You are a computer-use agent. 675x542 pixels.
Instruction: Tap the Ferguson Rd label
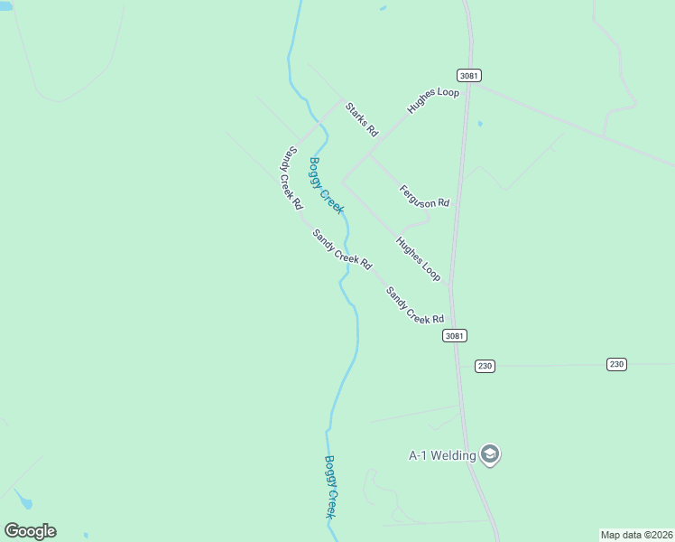tap(424, 196)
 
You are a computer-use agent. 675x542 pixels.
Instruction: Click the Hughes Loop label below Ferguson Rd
tap(418, 258)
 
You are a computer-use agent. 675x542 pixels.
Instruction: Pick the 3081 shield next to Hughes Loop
tap(467, 75)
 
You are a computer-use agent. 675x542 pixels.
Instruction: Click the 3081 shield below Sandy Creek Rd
tap(455, 335)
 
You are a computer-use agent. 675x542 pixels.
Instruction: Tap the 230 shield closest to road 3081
tap(485, 366)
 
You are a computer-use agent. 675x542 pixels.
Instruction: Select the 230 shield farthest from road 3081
tap(615, 364)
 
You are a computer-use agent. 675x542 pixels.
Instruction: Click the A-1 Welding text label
tap(442, 455)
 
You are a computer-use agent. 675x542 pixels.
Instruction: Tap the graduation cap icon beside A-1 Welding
tap(490, 454)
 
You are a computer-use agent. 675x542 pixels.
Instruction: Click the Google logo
tap(30, 531)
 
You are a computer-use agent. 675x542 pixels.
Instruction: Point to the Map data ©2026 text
tap(636, 534)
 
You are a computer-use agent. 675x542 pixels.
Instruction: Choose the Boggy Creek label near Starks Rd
tap(327, 185)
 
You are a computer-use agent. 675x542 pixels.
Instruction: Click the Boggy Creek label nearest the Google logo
tap(331, 486)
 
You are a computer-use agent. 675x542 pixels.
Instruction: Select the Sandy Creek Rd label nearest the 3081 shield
tap(415, 305)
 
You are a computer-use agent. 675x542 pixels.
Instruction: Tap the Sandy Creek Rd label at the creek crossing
tap(342, 249)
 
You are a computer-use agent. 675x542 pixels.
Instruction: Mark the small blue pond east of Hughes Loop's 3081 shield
tap(479, 124)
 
